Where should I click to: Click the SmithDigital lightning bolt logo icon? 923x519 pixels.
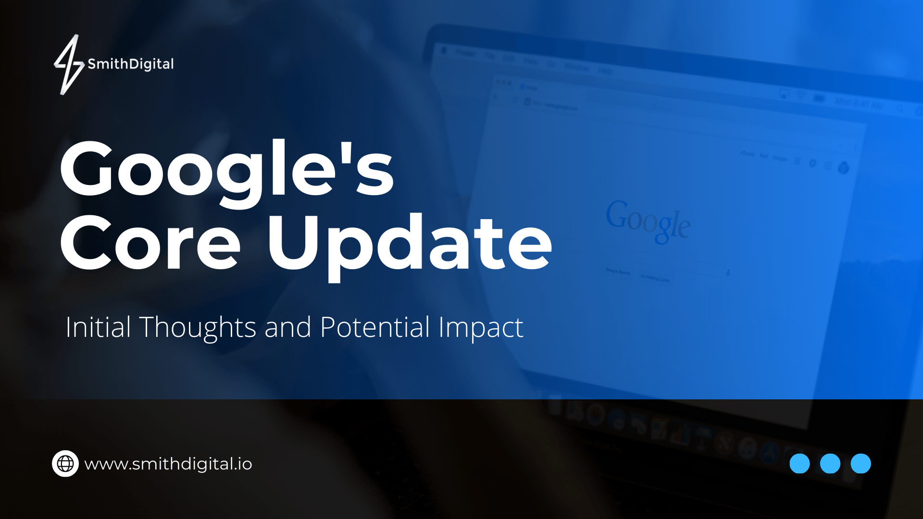pyautogui.click(x=69, y=64)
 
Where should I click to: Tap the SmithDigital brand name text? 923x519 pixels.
pyautogui.click(x=130, y=64)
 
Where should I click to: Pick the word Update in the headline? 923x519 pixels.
pyautogui.click(x=409, y=242)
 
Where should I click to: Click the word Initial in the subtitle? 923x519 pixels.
pyautogui.click(x=98, y=328)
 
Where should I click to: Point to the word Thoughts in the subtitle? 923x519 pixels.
pyautogui.click(x=198, y=328)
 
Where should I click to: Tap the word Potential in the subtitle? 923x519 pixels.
pyautogui.click(x=374, y=328)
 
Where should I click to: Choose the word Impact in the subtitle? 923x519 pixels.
pyautogui.click(x=480, y=328)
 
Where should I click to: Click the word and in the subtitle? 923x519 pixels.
pyautogui.click(x=287, y=328)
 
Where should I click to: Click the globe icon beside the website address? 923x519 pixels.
pyautogui.click(x=65, y=464)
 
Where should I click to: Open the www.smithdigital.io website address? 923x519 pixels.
pyautogui.click(x=168, y=464)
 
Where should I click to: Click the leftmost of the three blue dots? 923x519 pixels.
pyautogui.click(x=799, y=464)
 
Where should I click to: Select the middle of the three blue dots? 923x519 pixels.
pyautogui.click(x=830, y=464)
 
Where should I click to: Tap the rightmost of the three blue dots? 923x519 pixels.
pyautogui.click(x=861, y=464)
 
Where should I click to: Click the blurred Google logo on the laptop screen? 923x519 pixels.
pyautogui.click(x=648, y=221)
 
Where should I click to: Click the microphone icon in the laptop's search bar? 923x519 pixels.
pyautogui.click(x=728, y=273)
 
